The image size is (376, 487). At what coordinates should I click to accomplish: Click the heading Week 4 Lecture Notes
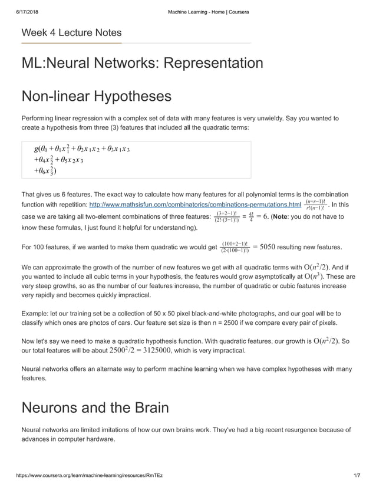[71, 32]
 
